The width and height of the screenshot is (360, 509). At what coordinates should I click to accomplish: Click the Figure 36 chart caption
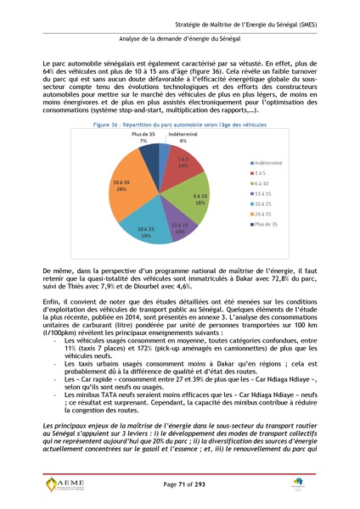point(179,124)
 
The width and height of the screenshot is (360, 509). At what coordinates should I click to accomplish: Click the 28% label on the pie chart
point(121,189)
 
